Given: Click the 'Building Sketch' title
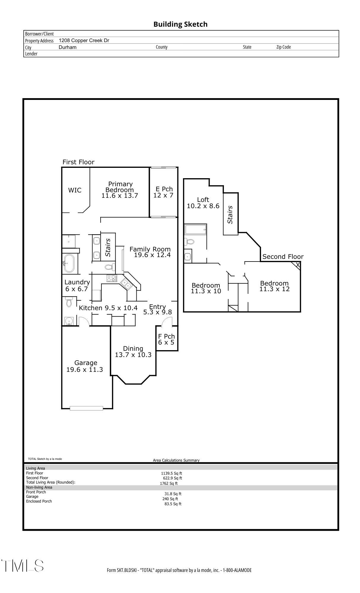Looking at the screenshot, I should point(180,24).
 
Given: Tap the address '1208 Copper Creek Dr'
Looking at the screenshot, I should point(84,41).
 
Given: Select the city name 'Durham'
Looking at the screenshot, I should point(68,47).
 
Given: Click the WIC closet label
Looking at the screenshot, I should point(75,190).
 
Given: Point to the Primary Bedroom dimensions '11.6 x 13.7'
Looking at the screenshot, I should point(120,196).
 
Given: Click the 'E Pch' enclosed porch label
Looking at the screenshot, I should point(164,189).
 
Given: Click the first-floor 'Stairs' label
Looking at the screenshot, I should point(108,248).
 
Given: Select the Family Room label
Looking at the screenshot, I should point(150,249).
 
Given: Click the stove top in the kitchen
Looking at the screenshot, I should point(112,278).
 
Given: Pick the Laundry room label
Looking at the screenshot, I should point(77,282).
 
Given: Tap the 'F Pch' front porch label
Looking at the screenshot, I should point(166,336).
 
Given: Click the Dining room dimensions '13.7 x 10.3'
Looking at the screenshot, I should point(133,355).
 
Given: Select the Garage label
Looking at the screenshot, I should point(86,363).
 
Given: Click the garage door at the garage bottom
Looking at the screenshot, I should point(86,408).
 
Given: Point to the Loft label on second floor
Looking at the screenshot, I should point(203,200).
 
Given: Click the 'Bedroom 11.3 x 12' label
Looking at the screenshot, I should point(274,286).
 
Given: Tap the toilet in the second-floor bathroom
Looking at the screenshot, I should point(189,241).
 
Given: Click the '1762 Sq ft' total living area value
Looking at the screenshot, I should point(169,483).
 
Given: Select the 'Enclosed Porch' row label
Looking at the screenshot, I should point(39,501).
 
